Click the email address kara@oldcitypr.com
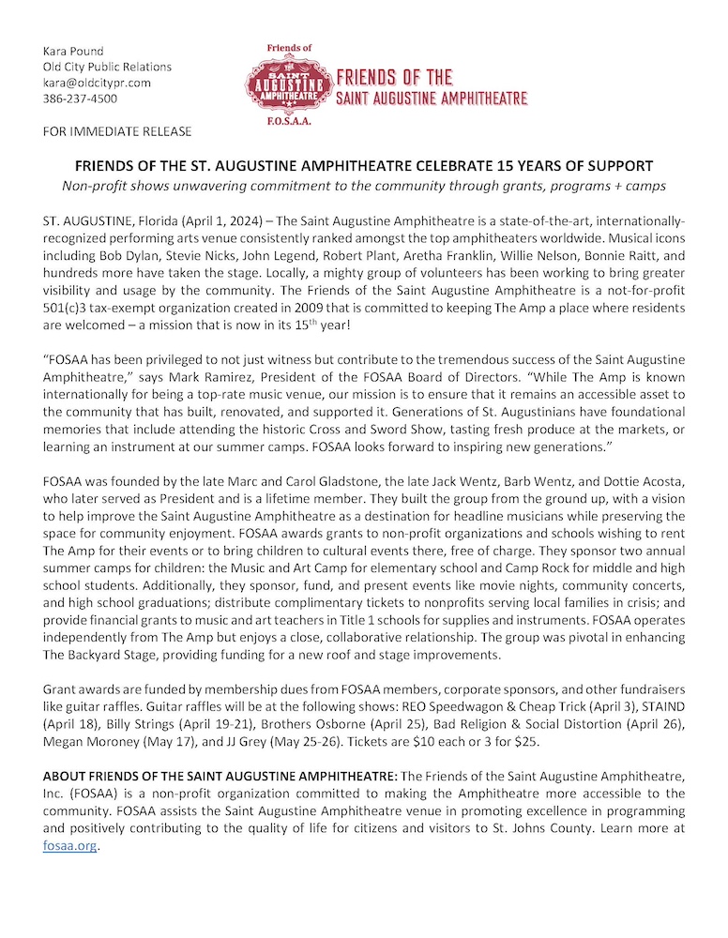pyautogui.click(x=97, y=83)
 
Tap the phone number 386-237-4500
pyautogui.click(x=80, y=98)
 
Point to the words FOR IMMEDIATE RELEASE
pyautogui.click(x=117, y=130)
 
